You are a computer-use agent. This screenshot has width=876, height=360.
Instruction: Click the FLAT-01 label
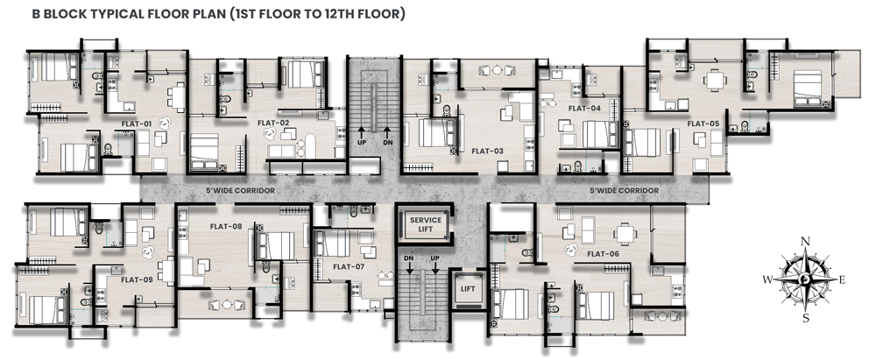point(138,124)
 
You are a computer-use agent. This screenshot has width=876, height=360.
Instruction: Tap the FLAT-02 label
point(273,124)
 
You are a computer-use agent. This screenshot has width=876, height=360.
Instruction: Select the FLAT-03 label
point(487,151)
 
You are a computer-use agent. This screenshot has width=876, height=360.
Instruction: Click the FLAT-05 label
point(703,124)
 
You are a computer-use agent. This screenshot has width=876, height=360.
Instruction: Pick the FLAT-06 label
point(603,254)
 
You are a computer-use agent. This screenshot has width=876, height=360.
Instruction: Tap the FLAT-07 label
point(349,265)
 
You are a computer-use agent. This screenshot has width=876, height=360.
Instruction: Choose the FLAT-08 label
point(225,226)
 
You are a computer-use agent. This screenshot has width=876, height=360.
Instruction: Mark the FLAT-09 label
point(137,280)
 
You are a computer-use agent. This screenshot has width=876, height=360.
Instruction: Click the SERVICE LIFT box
point(426,224)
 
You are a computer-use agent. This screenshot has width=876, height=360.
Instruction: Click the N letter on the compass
point(805,241)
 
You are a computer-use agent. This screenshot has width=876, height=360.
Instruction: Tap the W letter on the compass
point(767,279)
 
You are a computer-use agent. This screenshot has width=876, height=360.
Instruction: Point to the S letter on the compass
point(805,318)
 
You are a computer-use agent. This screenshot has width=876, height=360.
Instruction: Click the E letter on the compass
point(843,279)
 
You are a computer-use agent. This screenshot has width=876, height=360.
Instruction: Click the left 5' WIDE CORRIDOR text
point(240,190)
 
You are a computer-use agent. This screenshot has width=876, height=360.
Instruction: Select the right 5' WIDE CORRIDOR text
point(625,190)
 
